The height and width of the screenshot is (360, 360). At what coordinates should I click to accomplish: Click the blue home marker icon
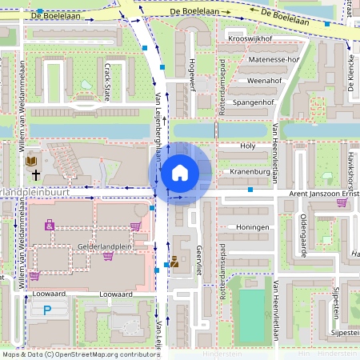tap(180, 172)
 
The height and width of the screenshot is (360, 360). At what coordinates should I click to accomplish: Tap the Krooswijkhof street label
tap(250, 38)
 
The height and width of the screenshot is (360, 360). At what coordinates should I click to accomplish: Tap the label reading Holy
tap(248, 146)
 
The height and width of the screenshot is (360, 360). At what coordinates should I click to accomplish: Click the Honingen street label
tap(253, 227)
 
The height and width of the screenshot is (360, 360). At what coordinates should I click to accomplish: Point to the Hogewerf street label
tap(191, 76)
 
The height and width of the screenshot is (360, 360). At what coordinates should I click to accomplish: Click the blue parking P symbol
tap(47, 310)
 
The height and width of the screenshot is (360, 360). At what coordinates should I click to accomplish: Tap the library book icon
tap(32, 161)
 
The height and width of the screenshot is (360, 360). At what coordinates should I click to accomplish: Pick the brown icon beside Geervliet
tap(174, 261)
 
